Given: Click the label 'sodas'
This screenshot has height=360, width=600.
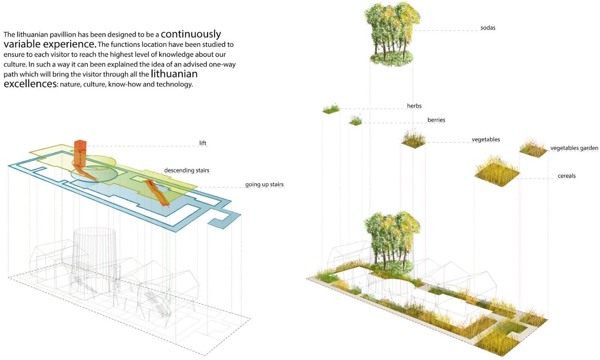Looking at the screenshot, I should coord(487,28).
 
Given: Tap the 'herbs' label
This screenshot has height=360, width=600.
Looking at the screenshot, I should coord(414,106).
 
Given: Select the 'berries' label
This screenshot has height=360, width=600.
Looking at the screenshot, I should coord(436,120).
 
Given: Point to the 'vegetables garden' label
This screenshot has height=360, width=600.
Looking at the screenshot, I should coord(574,148).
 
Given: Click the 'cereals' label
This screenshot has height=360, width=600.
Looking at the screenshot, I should coord(566,175).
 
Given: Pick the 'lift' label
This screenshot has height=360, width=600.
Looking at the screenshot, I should coord(203,143).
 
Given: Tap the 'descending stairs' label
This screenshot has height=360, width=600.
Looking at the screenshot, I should coord(186,170).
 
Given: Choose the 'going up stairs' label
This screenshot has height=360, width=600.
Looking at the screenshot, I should coord(264,184).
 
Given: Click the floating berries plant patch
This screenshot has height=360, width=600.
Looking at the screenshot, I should coord(356,121).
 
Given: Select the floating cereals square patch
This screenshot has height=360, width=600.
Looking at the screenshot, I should coord(497,170).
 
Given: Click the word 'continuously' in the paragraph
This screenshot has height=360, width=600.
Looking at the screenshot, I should coord(191,34).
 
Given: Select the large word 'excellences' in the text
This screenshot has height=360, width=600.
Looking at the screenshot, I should coord(30,84).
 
